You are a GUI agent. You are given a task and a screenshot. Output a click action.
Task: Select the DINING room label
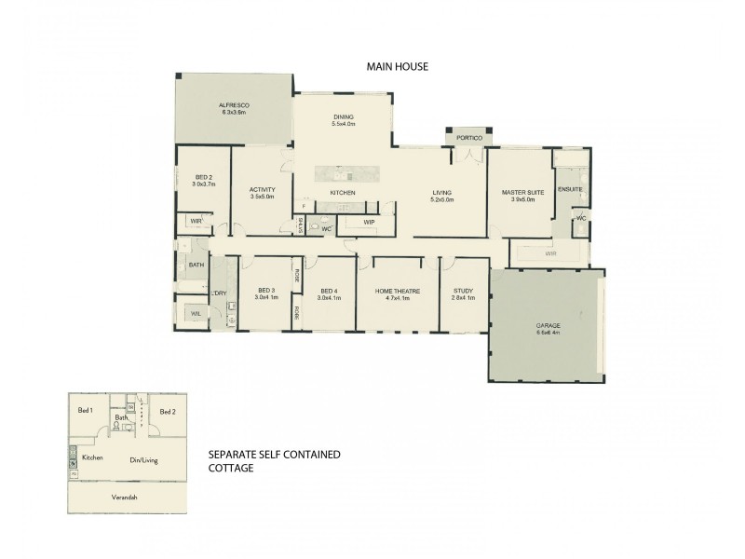[x=343, y=117]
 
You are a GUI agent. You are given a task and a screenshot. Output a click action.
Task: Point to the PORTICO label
[x=468, y=138]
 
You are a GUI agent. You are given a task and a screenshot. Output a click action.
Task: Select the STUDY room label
[x=458, y=291]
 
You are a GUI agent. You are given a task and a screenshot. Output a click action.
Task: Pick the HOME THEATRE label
[x=398, y=291]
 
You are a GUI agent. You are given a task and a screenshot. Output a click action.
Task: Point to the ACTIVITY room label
[x=262, y=189]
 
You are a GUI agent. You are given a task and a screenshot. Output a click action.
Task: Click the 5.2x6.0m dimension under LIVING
[x=441, y=199]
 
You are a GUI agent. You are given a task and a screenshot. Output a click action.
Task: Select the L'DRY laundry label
[x=220, y=294]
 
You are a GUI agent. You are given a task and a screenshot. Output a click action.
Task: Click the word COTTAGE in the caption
[x=229, y=469]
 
